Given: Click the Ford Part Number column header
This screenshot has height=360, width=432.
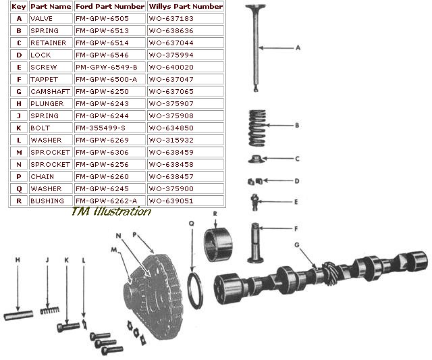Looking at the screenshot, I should point(110,6).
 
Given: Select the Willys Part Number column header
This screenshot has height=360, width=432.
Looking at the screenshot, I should point(185,6).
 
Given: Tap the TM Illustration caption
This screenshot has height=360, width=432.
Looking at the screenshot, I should point(111,212).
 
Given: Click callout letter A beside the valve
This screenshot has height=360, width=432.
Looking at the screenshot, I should point(298,48).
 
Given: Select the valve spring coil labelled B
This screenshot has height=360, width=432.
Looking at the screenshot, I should point(254,126).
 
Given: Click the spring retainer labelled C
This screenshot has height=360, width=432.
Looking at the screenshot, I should point(254,159).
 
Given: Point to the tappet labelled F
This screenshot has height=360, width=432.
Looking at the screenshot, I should point(255,244).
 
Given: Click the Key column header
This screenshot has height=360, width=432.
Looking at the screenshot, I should point(18,6).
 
